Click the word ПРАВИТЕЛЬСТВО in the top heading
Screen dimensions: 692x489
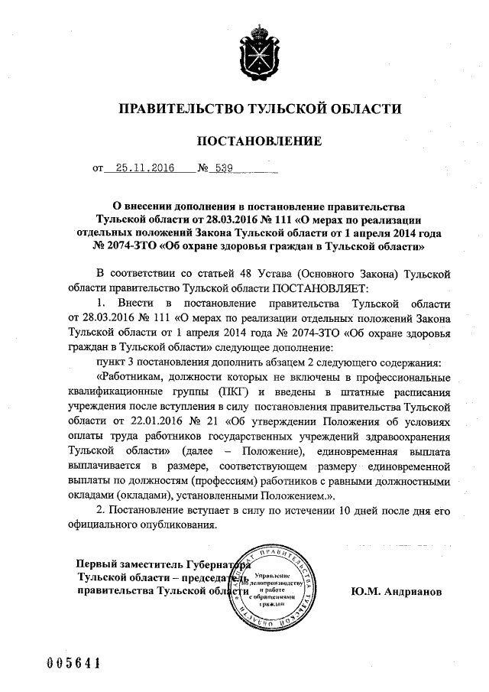click(x=172, y=109)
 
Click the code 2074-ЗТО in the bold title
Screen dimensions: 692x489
click(x=129, y=248)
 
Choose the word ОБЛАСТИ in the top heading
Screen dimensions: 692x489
click(x=360, y=109)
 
